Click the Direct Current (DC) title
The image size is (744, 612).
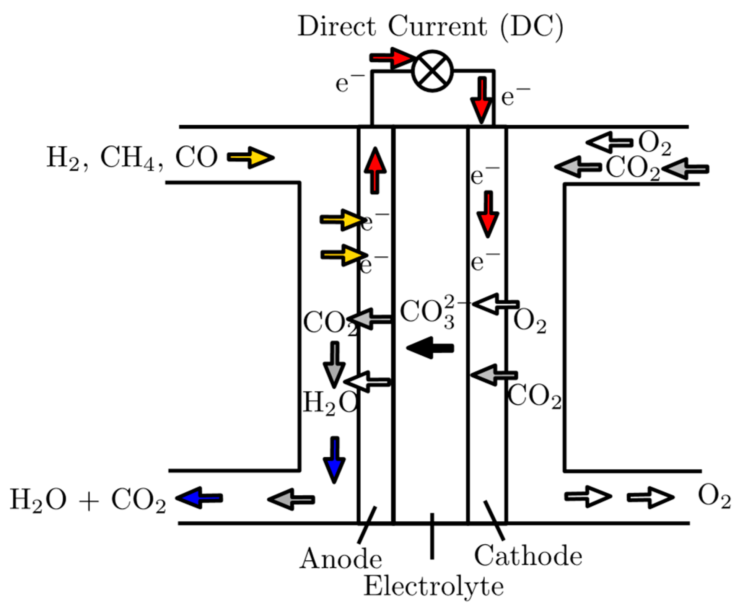coord(430,27)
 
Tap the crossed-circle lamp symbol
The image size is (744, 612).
coord(432,71)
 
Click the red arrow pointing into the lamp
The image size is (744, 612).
coord(391,58)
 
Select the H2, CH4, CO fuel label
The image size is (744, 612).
coord(132,158)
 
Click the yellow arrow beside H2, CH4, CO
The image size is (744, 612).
coord(251,157)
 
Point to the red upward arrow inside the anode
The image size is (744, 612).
coord(375,170)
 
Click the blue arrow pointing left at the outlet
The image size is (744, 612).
coord(199,498)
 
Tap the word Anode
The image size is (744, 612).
coord(340,559)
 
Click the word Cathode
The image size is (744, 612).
coord(528,556)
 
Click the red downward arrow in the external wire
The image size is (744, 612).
coord(482,100)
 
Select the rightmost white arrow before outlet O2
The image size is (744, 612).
coord(650,497)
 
